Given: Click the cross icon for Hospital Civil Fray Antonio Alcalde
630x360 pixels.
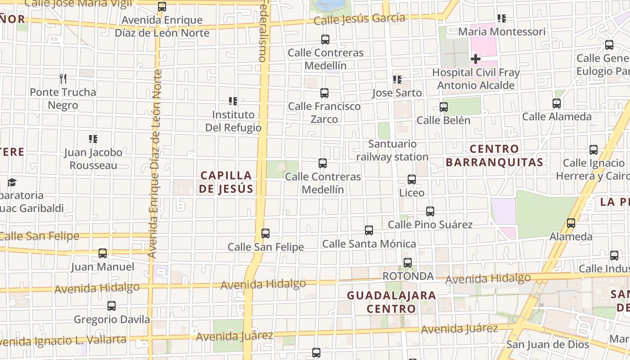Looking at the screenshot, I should tap(475, 59).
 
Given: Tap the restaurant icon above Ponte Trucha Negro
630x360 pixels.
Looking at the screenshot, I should tap(63, 79).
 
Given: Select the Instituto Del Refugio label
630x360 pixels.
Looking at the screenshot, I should tap(233, 121).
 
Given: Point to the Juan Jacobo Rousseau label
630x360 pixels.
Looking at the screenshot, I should tap(93, 159).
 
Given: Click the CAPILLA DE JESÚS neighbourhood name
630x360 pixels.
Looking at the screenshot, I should tap(226, 182).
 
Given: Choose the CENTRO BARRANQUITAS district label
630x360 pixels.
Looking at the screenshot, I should tap(495, 155).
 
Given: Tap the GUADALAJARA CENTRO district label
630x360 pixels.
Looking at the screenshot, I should tap(391, 302).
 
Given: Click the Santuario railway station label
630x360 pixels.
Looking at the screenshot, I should tap(392, 150).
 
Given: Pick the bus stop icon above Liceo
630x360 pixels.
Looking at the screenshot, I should tap(411, 180).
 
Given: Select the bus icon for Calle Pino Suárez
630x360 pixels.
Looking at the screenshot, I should tap(430, 211).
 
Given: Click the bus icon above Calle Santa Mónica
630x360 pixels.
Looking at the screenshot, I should tap(369, 230).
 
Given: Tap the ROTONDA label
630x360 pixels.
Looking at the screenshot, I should tap(408, 276).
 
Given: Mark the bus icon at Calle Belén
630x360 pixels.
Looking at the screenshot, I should tap(444, 107).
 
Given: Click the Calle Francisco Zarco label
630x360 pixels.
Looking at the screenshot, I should tap(324, 112).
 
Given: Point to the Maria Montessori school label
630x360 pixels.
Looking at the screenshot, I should tap(502, 32).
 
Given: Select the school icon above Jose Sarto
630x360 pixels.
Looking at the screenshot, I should tap(397, 80).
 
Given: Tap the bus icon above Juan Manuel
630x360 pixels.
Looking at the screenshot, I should tap(103, 253).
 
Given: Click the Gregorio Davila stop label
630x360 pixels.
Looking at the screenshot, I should tap(112, 319).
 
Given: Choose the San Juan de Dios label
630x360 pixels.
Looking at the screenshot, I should tap(548, 345).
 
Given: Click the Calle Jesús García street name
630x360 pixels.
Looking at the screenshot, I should tap(360, 19).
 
